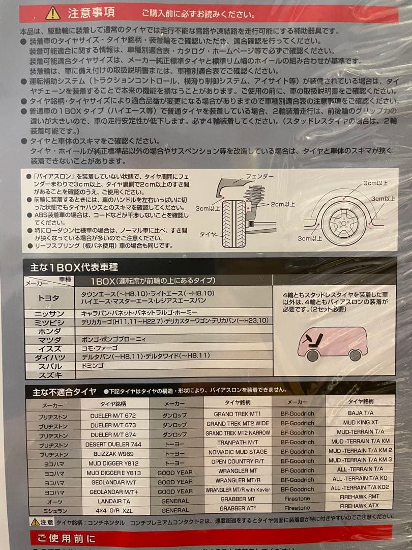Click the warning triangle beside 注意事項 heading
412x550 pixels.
point(53,12)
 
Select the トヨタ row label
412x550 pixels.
point(49,298)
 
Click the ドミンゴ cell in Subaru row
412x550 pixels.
point(93,365)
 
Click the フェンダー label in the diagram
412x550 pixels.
point(259,176)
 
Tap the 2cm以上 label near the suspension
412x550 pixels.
point(282,204)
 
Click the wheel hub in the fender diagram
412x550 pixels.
point(340,223)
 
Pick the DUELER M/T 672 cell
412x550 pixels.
point(113,416)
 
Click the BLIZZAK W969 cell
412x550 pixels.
point(113,454)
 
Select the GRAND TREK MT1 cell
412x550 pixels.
point(237,414)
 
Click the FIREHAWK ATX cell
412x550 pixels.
point(359,506)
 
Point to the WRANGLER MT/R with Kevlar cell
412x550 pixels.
point(237,490)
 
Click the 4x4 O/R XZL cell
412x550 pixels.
point(113,510)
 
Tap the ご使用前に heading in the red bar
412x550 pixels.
point(63,538)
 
